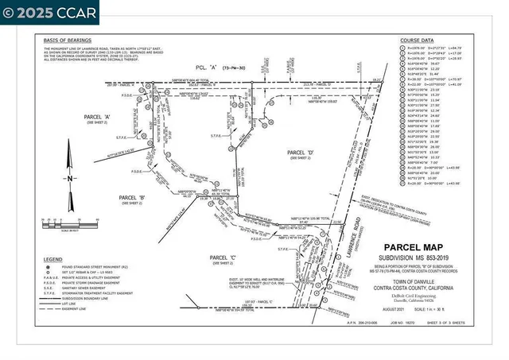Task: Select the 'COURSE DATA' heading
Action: [420, 40]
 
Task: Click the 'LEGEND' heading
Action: [53, 260]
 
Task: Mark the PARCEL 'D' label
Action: [300, 152]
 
